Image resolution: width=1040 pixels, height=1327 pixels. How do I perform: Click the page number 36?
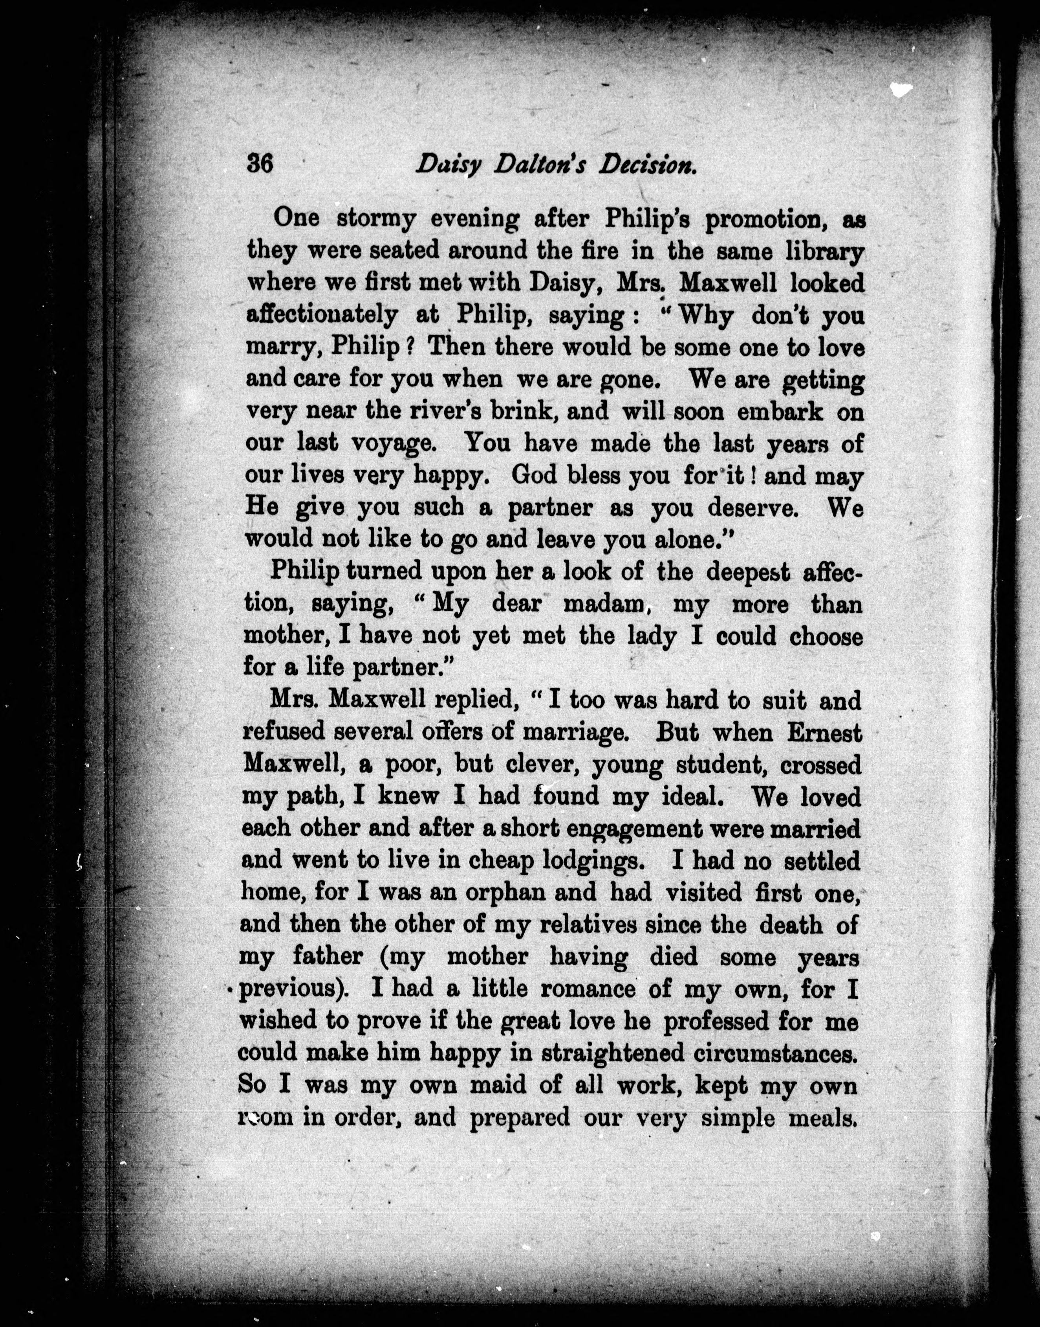click(x=259, y=165)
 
